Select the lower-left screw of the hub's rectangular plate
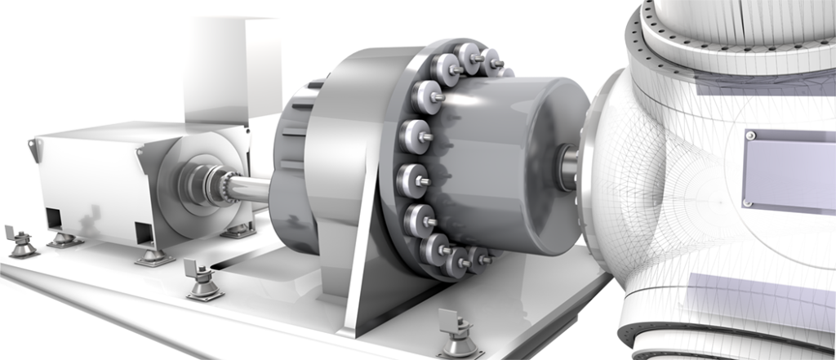pyautogui.click(x=745, y=202)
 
